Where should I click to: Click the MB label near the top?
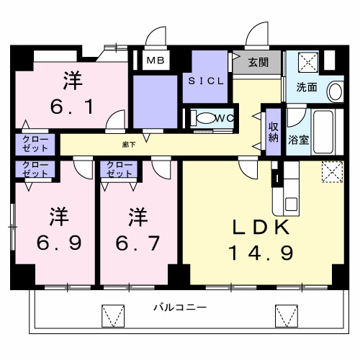154,60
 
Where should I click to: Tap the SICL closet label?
207,81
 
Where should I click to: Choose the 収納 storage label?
274,132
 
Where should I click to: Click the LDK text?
260,228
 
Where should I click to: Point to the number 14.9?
260,253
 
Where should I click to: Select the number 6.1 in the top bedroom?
71,107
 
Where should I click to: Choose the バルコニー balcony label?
179,307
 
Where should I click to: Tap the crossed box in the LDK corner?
332,171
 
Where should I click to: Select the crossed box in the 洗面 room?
307,62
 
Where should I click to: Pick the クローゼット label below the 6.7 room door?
120,170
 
